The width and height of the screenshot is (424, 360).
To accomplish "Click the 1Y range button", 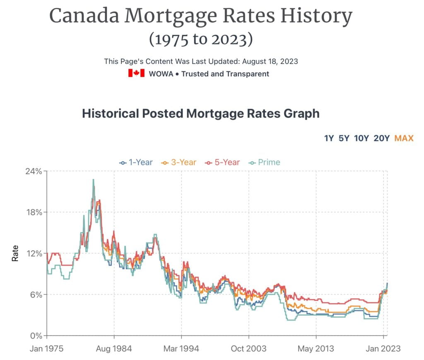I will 329,138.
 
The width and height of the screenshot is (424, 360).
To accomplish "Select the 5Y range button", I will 344,138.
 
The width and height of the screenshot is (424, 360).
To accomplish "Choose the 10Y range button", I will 361,138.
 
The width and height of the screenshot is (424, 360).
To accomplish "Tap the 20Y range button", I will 381,138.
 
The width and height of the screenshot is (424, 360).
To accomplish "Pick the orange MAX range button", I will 404,138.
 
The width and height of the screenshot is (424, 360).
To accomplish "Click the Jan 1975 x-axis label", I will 46,348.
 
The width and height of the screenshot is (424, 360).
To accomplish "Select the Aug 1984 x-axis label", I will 114,348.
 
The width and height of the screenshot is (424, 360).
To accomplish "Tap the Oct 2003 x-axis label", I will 249,348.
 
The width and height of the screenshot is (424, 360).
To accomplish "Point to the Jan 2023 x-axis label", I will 383,348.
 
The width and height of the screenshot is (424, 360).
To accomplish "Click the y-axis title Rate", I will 15,253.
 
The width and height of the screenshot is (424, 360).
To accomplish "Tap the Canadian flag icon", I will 136,74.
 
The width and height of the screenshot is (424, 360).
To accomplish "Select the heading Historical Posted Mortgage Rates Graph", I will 201,114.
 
